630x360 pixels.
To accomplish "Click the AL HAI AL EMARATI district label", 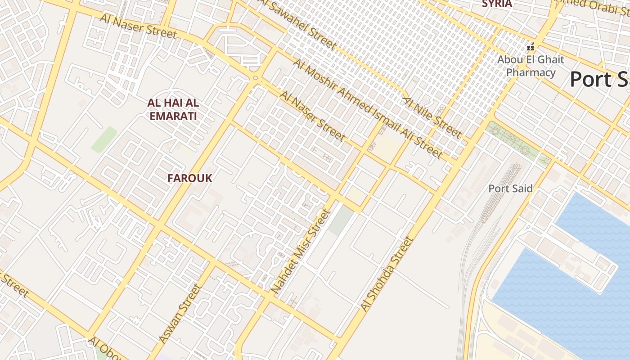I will pyautogui.click(x=173, y=109).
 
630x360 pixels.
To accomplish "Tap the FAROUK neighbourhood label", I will pyautogui.click(x=189, y=178).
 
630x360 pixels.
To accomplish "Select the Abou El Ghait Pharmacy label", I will pyautogui.click(x=531, y=66).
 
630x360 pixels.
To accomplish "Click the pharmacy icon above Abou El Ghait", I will pyautogui.click(x=531, y=47).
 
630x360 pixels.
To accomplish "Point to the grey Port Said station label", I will pyautogui.click(x=510, y=189).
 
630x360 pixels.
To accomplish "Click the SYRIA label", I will pyautogui.click(x=497, y=4).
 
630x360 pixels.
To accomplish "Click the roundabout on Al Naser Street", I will pyautogui.click(x=256, y=78).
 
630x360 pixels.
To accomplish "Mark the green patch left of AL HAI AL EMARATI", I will pyautogui.click(x=104, y=139).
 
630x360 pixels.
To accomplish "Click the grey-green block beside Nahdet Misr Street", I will pyautogui.click(x=340, y=220).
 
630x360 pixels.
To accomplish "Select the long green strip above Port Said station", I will pyautogui.click(x=517, y=140).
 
